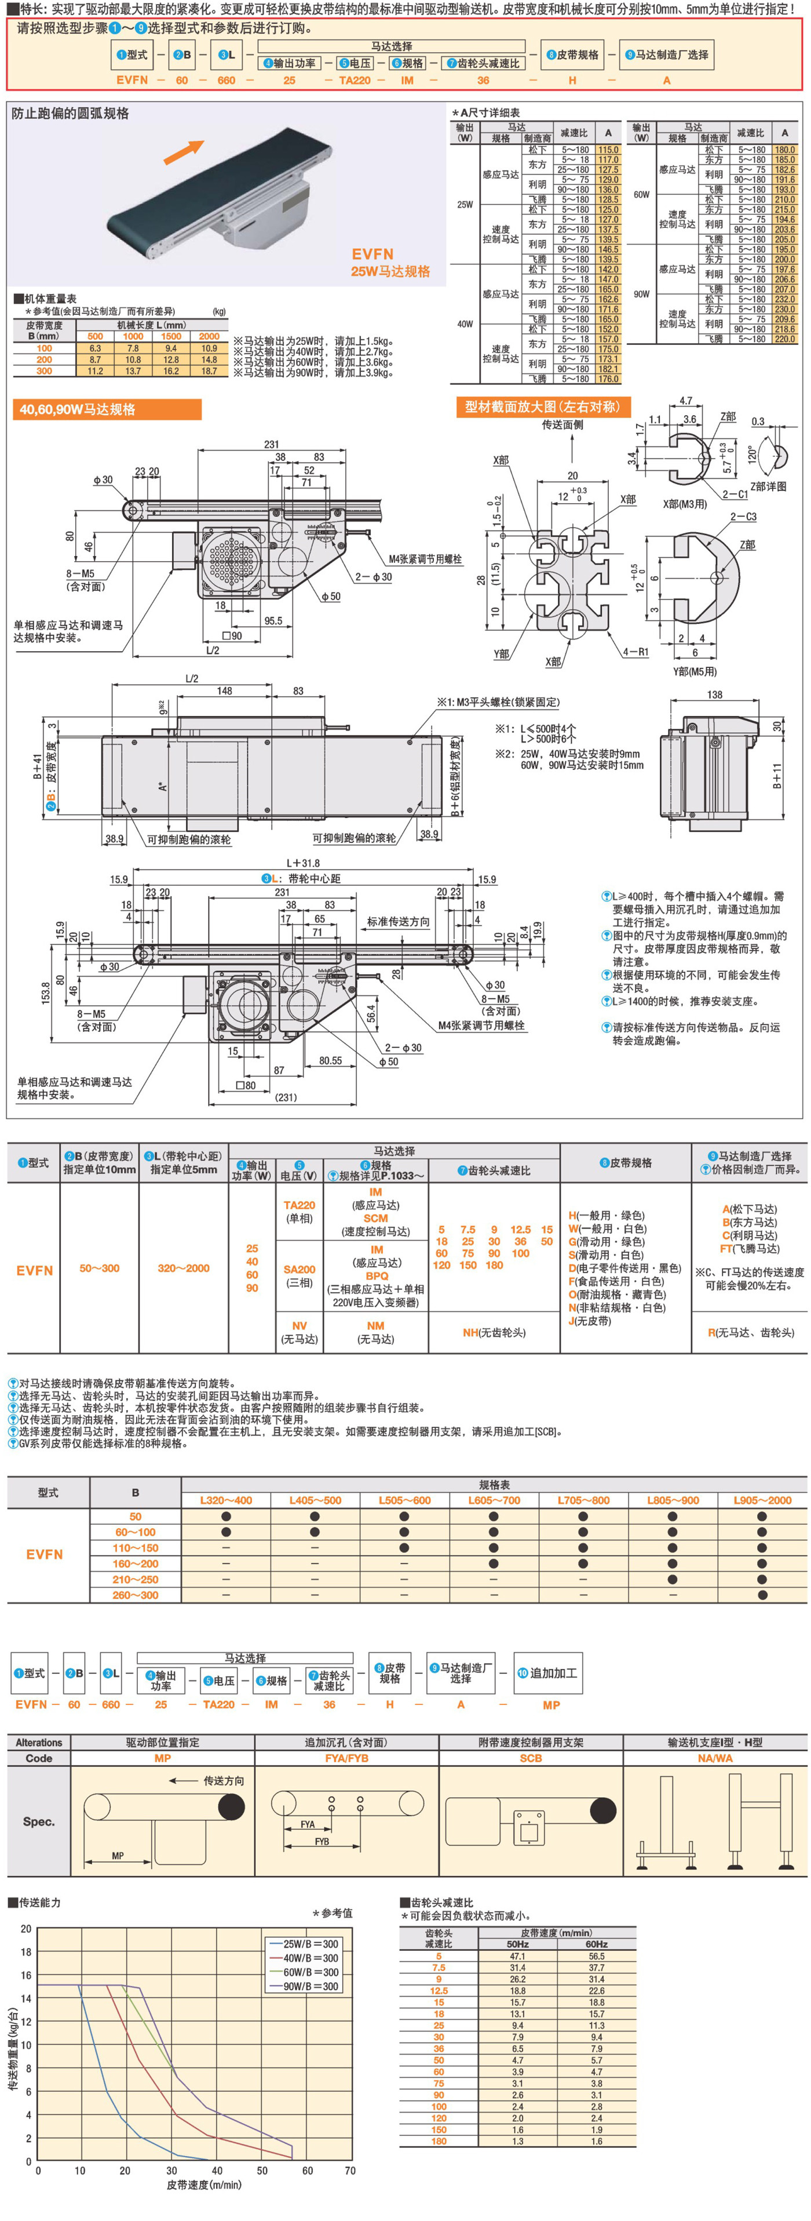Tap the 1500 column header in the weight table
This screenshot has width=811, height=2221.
[171, 336]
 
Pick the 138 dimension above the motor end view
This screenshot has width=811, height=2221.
[714, 694]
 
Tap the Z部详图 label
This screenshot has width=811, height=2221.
[768, 486]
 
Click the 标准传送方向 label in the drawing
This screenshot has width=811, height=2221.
[397, 922]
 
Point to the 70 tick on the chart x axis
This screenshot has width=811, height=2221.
[350, 2170]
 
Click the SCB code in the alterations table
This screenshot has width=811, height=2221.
[531, 1757]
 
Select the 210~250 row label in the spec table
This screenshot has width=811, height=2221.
[136, 1579]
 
